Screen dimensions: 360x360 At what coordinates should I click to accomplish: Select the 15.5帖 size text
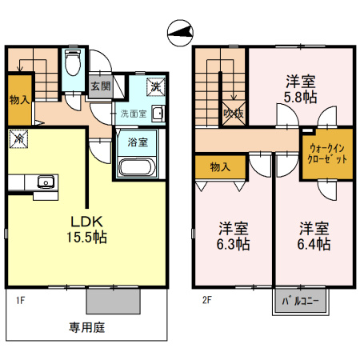(88, 238)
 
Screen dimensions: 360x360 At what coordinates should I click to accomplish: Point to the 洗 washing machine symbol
(155, 87)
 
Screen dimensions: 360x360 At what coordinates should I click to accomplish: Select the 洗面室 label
(134, 114)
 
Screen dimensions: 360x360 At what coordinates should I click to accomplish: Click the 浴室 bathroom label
(138, 143)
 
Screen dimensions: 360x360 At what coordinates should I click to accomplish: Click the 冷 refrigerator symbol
(18, 138)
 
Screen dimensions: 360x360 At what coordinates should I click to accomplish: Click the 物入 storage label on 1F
(18, 100)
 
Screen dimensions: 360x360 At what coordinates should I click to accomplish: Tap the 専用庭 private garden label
(86, 326)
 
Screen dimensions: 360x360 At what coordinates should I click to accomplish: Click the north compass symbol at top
(180, 33)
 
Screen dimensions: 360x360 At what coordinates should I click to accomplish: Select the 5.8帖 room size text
(301, 97)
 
